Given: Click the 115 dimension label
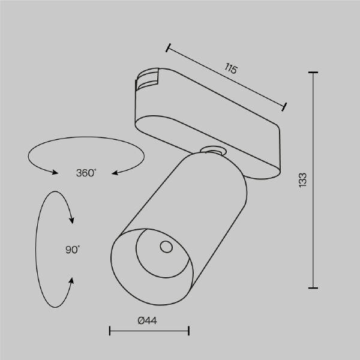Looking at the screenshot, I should pyautogui.click(x=231, y=68).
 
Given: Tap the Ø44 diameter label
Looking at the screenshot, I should pyautogui.click(x=147, y=321).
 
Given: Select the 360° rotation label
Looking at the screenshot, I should pyautogui.click(x=86, y=173).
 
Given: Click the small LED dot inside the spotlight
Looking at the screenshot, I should pyautogui.click(x=164, y=246).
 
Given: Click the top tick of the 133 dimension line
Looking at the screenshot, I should pyautogui.click(x=313, y=73).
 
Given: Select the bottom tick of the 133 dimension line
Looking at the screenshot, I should pyautogui.click(x=313, y=287).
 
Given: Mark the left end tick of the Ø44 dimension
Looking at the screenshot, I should pyautogui.click(x=110, y=331).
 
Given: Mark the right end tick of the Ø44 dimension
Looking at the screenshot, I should pyautogui.click(x=189, y=331).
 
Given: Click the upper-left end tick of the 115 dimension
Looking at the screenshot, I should pyautogui.click(x=169, y=47).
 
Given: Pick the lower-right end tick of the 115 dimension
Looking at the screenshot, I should pyautogui.click(x=285, y=107).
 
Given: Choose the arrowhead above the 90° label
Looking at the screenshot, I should pyautogui.click(x=72, y=221).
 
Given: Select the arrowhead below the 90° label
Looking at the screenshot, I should pyautogui.click(x=73, y=280).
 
